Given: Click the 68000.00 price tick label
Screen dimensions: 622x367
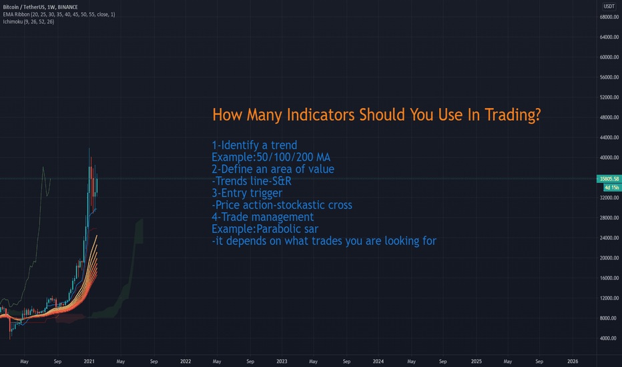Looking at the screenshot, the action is (x=609, y=17).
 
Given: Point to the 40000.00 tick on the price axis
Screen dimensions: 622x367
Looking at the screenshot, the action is (x=609, y=157).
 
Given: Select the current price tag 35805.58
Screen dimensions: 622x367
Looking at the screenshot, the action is (x=609, y=179).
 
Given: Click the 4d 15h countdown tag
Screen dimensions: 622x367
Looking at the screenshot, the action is (x=612, y=188).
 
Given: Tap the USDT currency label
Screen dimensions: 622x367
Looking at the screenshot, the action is (x=609, y=7).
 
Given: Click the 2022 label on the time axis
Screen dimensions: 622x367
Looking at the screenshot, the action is (x=186, y=361).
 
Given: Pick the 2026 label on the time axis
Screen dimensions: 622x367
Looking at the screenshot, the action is (x=573, y=361).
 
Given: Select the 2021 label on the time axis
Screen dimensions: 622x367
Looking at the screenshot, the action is (x=89, y=361).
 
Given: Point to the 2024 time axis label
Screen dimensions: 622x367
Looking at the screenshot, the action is (x=378, y=361).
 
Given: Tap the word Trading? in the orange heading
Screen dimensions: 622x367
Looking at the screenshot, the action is (x=513, y=115).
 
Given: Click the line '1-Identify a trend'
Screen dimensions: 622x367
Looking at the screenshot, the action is (x=254, y=145).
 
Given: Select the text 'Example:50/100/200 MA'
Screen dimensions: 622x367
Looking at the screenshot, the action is (x=271, y=157).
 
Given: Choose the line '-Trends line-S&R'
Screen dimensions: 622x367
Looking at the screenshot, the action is (x=252, y=181).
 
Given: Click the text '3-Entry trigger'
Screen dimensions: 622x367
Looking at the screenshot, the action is (x=247, y=194).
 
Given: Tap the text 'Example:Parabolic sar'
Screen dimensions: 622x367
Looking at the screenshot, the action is (x=265, y=229).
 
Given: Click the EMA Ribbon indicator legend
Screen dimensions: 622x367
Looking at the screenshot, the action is (x=59, y=14).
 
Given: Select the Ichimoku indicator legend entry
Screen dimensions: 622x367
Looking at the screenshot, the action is (x=29, y=21).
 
